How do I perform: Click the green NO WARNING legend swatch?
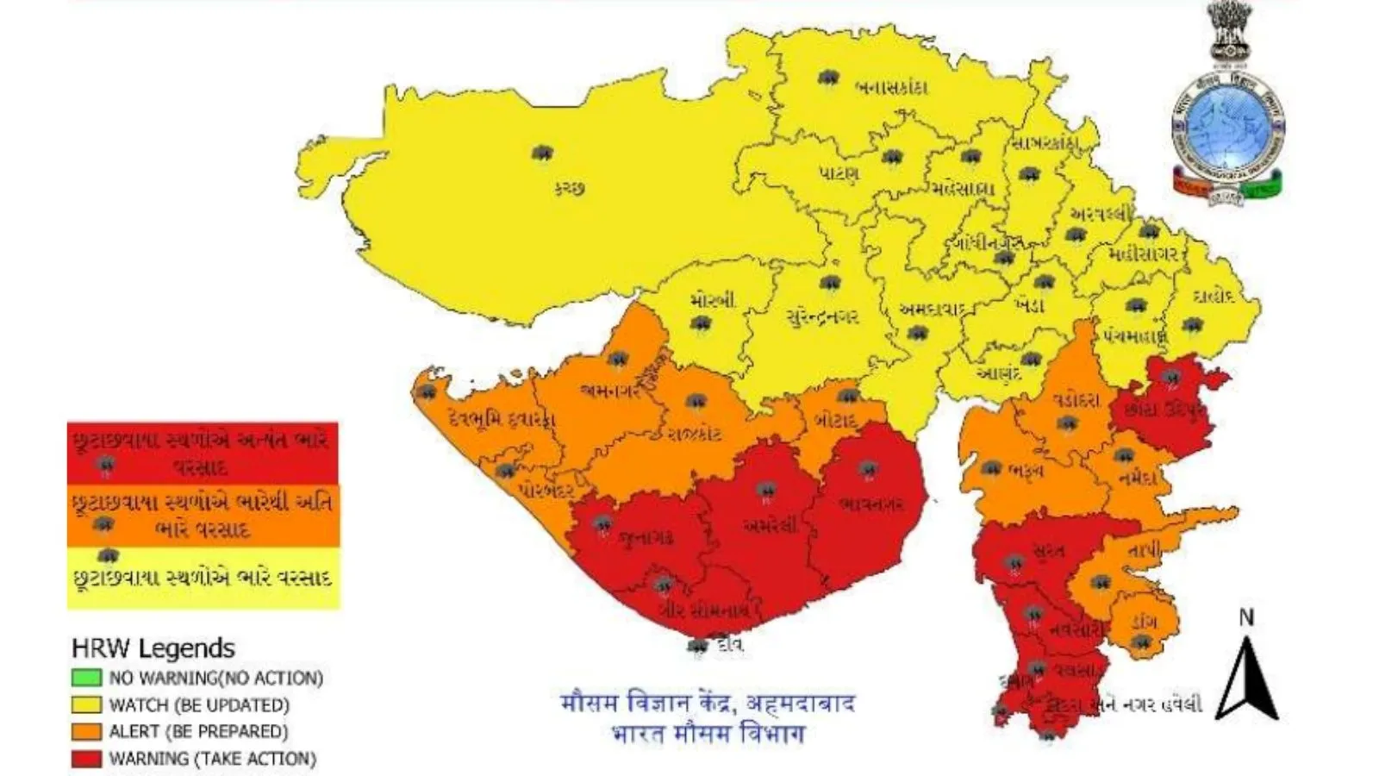(86, 678)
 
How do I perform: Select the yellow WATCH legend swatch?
(86, 704)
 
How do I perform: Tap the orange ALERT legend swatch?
(86, 731)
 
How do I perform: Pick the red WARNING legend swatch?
(86, 759)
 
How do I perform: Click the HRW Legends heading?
(153, 648)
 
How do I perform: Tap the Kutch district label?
(569, 187)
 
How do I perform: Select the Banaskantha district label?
(891, 87)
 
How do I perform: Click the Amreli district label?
(771, 524)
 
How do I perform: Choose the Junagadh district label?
(646, 538)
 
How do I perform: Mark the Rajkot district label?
(695, 433)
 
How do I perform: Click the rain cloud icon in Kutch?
(541, 153)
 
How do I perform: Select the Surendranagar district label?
(822, 317)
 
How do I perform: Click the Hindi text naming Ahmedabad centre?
(707, 703)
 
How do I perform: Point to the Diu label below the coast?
(728, 644)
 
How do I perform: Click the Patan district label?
(838, 173)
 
